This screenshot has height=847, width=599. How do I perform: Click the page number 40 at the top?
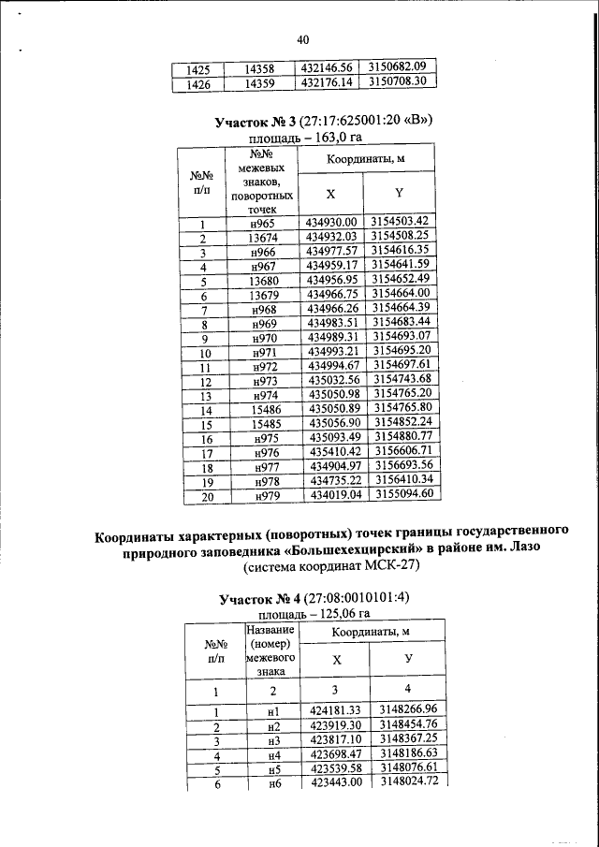[301, 39]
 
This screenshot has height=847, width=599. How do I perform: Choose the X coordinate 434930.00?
[332, 248]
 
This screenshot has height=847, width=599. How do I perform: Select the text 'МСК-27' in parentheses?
[387, 568]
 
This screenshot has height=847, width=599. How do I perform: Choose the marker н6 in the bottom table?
[274, 782]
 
